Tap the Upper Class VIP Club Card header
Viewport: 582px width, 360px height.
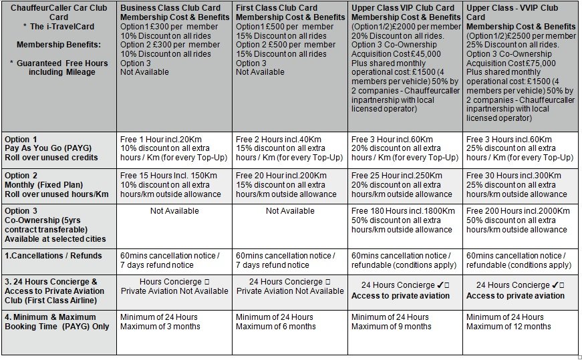point(402,8)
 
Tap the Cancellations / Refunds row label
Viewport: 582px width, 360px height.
point(53,255)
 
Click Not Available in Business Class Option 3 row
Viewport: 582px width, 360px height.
point(174,210)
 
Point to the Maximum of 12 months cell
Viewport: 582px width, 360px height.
point(508,327)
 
